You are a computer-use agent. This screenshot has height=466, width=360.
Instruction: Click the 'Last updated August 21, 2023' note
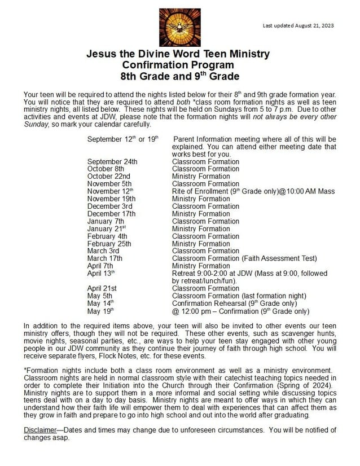298,25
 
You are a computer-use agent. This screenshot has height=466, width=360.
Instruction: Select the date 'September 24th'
112,161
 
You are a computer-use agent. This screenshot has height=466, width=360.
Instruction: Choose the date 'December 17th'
111,214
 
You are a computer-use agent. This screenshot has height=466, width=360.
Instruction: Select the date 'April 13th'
101,274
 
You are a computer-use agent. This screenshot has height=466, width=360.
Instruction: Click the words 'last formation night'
273,296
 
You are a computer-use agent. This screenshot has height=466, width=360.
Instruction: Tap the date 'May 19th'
100,310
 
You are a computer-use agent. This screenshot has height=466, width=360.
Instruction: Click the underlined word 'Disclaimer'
39,430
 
